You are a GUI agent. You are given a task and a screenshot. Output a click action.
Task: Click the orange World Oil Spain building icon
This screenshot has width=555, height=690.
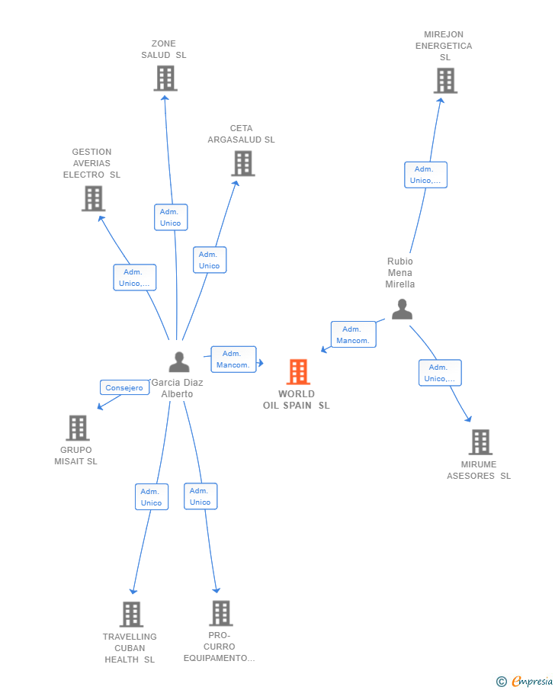298,372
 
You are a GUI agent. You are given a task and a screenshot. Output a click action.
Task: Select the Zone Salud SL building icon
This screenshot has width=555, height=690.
165,79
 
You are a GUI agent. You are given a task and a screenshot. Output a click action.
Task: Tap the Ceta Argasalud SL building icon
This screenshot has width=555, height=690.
243,163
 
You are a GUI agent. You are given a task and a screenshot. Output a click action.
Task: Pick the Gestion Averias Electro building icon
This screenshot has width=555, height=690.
93,198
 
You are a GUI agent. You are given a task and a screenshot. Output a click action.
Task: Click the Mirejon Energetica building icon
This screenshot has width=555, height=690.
445,81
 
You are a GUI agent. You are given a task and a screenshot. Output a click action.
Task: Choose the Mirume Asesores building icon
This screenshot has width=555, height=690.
480,441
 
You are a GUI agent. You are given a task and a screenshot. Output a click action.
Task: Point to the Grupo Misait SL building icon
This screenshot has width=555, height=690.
78,428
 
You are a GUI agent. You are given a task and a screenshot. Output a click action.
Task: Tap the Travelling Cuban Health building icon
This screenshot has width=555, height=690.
131,615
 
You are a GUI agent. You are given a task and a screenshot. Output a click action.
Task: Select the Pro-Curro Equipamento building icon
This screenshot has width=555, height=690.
221,613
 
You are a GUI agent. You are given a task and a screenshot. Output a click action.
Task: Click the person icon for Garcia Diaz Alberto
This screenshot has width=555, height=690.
179,361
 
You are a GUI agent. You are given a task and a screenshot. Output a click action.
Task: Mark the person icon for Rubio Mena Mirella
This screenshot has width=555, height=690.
402,309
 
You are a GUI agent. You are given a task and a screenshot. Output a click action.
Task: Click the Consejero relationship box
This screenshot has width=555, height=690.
124,387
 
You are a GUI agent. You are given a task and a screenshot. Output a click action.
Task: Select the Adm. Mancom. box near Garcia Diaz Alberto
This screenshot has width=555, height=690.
233,359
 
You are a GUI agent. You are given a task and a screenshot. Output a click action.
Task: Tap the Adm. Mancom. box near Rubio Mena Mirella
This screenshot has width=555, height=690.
354,335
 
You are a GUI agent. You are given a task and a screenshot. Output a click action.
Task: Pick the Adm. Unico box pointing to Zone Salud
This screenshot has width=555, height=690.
171,217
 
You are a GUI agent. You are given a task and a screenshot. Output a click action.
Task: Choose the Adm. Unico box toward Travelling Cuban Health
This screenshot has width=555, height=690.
152,497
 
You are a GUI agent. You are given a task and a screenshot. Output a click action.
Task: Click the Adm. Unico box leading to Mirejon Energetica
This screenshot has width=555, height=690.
425,175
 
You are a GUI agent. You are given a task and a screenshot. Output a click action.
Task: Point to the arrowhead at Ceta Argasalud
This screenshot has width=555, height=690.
236,184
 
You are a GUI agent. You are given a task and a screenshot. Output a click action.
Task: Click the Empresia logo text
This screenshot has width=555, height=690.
531,681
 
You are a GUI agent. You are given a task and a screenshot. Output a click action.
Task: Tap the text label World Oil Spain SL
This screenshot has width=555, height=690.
297,400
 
